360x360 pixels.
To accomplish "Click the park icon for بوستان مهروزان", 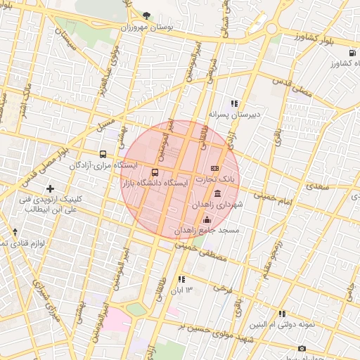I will pyautogui.click(x=146, y=15).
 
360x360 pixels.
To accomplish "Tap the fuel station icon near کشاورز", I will pyautogui.click(x=351, y=53).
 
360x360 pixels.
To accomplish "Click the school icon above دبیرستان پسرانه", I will pyautogui.click(x=234, y=103).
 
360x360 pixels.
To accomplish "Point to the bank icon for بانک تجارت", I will pyautogui.click(x=214, y=168).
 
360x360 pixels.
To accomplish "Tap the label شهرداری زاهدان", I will pyautogui.click(x=220, y=204).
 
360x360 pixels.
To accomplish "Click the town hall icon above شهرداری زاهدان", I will pyautogui.click(x=217, y=193).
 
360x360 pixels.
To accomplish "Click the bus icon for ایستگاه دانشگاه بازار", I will pyautogui.click(x=155, y=172).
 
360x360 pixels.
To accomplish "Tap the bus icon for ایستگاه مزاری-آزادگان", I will pyautogui.click(x=103, y=154).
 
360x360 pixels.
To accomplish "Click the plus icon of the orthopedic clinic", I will pyautogui.click(x=50, y=188).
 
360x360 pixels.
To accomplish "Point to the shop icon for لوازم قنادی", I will pyautogui.click(x=15, y=231).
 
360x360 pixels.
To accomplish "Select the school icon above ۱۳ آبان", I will pyautogui.click(x=181, y=279).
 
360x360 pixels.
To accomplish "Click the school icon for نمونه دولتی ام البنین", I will pyautogui.click(x=282, y=314).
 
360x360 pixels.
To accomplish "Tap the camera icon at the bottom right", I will pyautogui.click(x=302, y=348).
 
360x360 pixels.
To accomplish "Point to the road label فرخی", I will pyautogui.click(x=223, y=288).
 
